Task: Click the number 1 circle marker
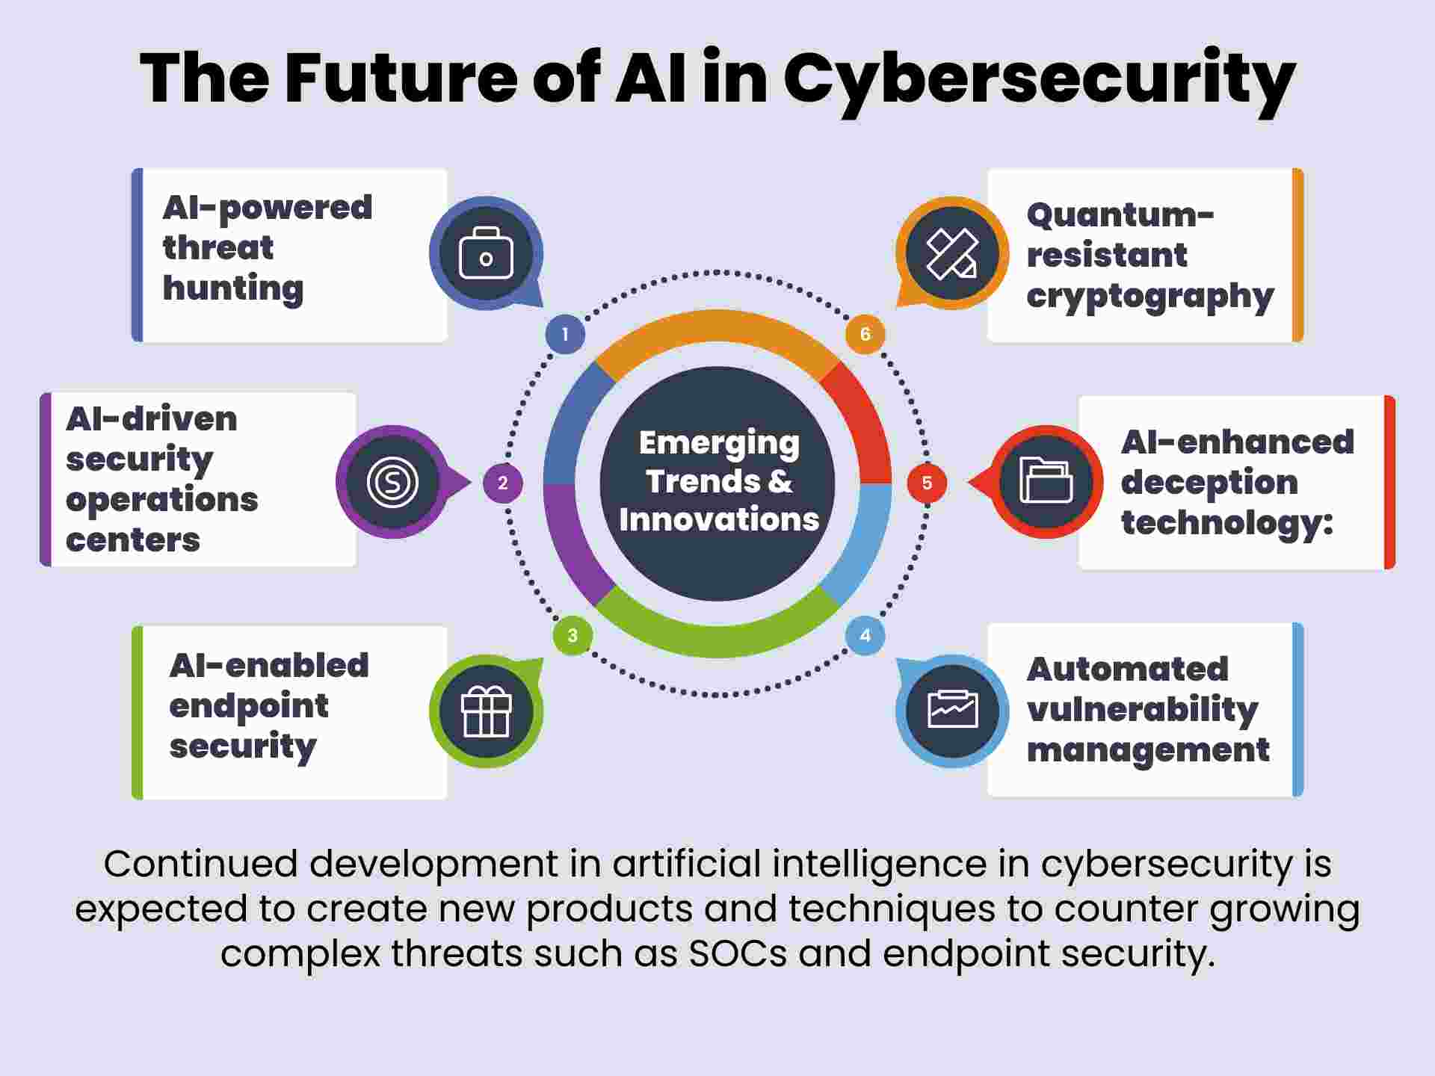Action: point(565,334)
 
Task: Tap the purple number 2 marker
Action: point(503,483)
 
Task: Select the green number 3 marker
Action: point(573,635)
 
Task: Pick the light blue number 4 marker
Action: point(865,635)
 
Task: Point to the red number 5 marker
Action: point(927,483)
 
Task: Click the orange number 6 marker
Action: point(865,334)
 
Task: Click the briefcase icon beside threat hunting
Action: point(486,254)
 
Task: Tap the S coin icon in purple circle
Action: point(393,482)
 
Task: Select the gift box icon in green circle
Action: point(486,711)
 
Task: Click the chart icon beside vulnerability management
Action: point(952,710)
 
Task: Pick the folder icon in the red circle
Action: point(1046,480)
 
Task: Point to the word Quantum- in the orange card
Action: point(1120,215)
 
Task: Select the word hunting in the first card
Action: point(233,288)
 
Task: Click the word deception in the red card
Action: point(1209,483)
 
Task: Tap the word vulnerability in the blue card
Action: point(1142,709)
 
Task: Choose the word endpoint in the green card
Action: point(249,706)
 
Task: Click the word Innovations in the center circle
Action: point(719,519)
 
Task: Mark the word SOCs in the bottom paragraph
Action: point(738,953)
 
